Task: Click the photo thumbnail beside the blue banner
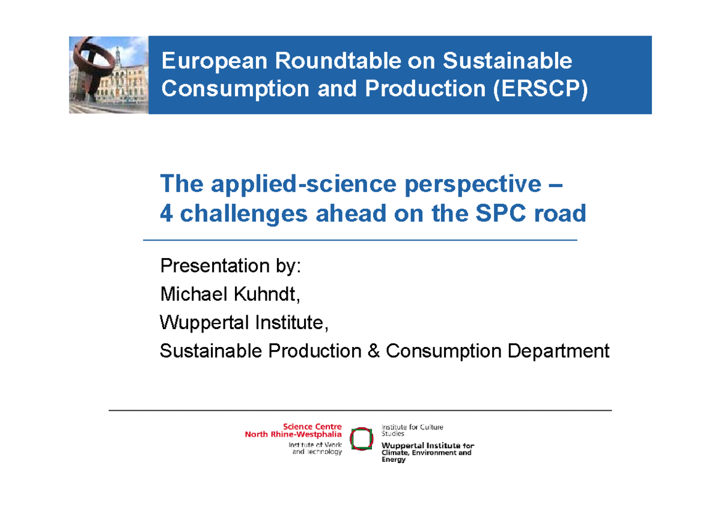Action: point(108,75)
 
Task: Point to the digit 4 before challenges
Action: point(166,214)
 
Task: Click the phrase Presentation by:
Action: point(230,265)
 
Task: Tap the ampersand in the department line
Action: point(374,351)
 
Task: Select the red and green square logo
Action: point(361,439)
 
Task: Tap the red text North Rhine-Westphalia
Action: point(293,434)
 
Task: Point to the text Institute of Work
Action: point(315,445)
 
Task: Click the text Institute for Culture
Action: point(412,427)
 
